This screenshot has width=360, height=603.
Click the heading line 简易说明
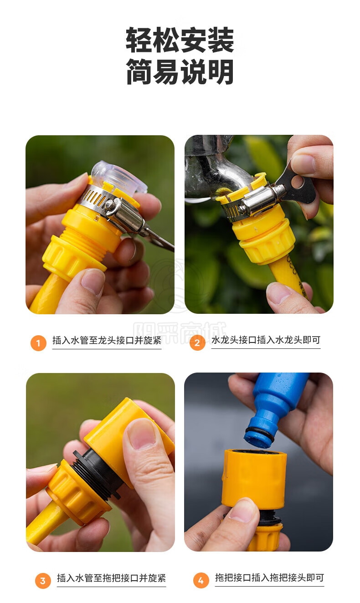click(180, 72)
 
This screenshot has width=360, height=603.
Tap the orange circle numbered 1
click(38, 342)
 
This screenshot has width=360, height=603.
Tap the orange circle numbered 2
click(197, 342)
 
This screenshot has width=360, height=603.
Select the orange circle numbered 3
click(43, 581)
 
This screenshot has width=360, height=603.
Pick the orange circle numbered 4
click(201, 580)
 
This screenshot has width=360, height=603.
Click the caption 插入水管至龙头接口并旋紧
click(107, 340)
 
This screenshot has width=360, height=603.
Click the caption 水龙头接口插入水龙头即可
click(266, 340)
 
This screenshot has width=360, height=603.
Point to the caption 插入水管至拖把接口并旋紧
click(111, 578)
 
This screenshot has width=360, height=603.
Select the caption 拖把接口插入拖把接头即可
click(269, 577)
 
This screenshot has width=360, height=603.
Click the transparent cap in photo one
click(118, 176)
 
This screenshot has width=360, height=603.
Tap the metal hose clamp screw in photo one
click(110, 205)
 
